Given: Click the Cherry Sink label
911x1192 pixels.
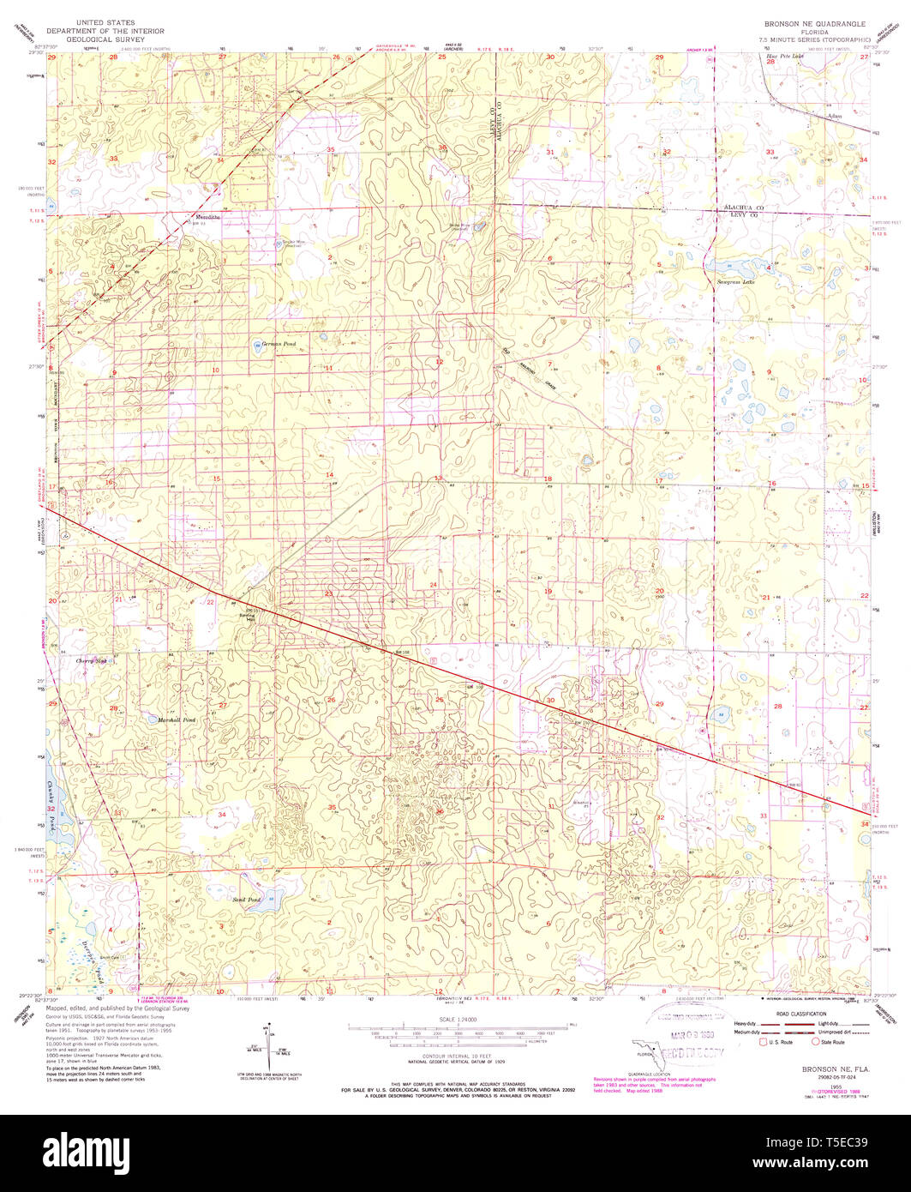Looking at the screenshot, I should tap(92, 661).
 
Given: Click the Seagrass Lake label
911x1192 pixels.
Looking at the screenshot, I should tap(736, 280).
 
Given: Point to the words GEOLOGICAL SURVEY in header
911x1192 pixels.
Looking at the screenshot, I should tap(105, 39).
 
